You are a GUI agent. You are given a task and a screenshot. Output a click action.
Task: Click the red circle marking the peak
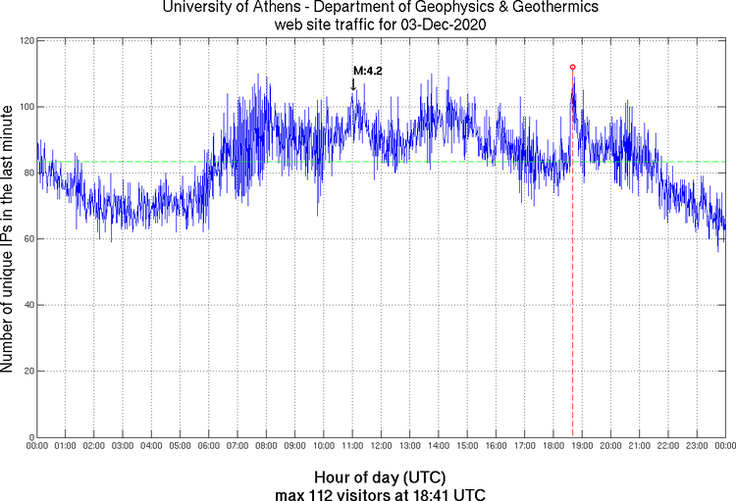tap(572, 67)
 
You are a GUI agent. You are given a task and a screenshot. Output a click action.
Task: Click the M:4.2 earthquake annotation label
tap(367, 71)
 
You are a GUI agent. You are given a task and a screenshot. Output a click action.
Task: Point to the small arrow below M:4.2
tap(353, 85)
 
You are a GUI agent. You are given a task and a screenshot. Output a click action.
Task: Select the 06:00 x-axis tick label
tap(209, 447)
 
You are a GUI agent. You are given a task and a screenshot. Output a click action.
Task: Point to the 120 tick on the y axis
tap(26, 40)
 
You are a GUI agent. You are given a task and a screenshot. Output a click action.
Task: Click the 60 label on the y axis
tap(27, 238)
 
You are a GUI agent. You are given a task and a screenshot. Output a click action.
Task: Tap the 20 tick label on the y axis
tap(27, 371)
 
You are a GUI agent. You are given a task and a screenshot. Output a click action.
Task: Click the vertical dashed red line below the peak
tap(572, 294)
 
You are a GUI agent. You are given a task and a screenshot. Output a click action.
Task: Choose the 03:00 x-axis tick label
tap(123, 447)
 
